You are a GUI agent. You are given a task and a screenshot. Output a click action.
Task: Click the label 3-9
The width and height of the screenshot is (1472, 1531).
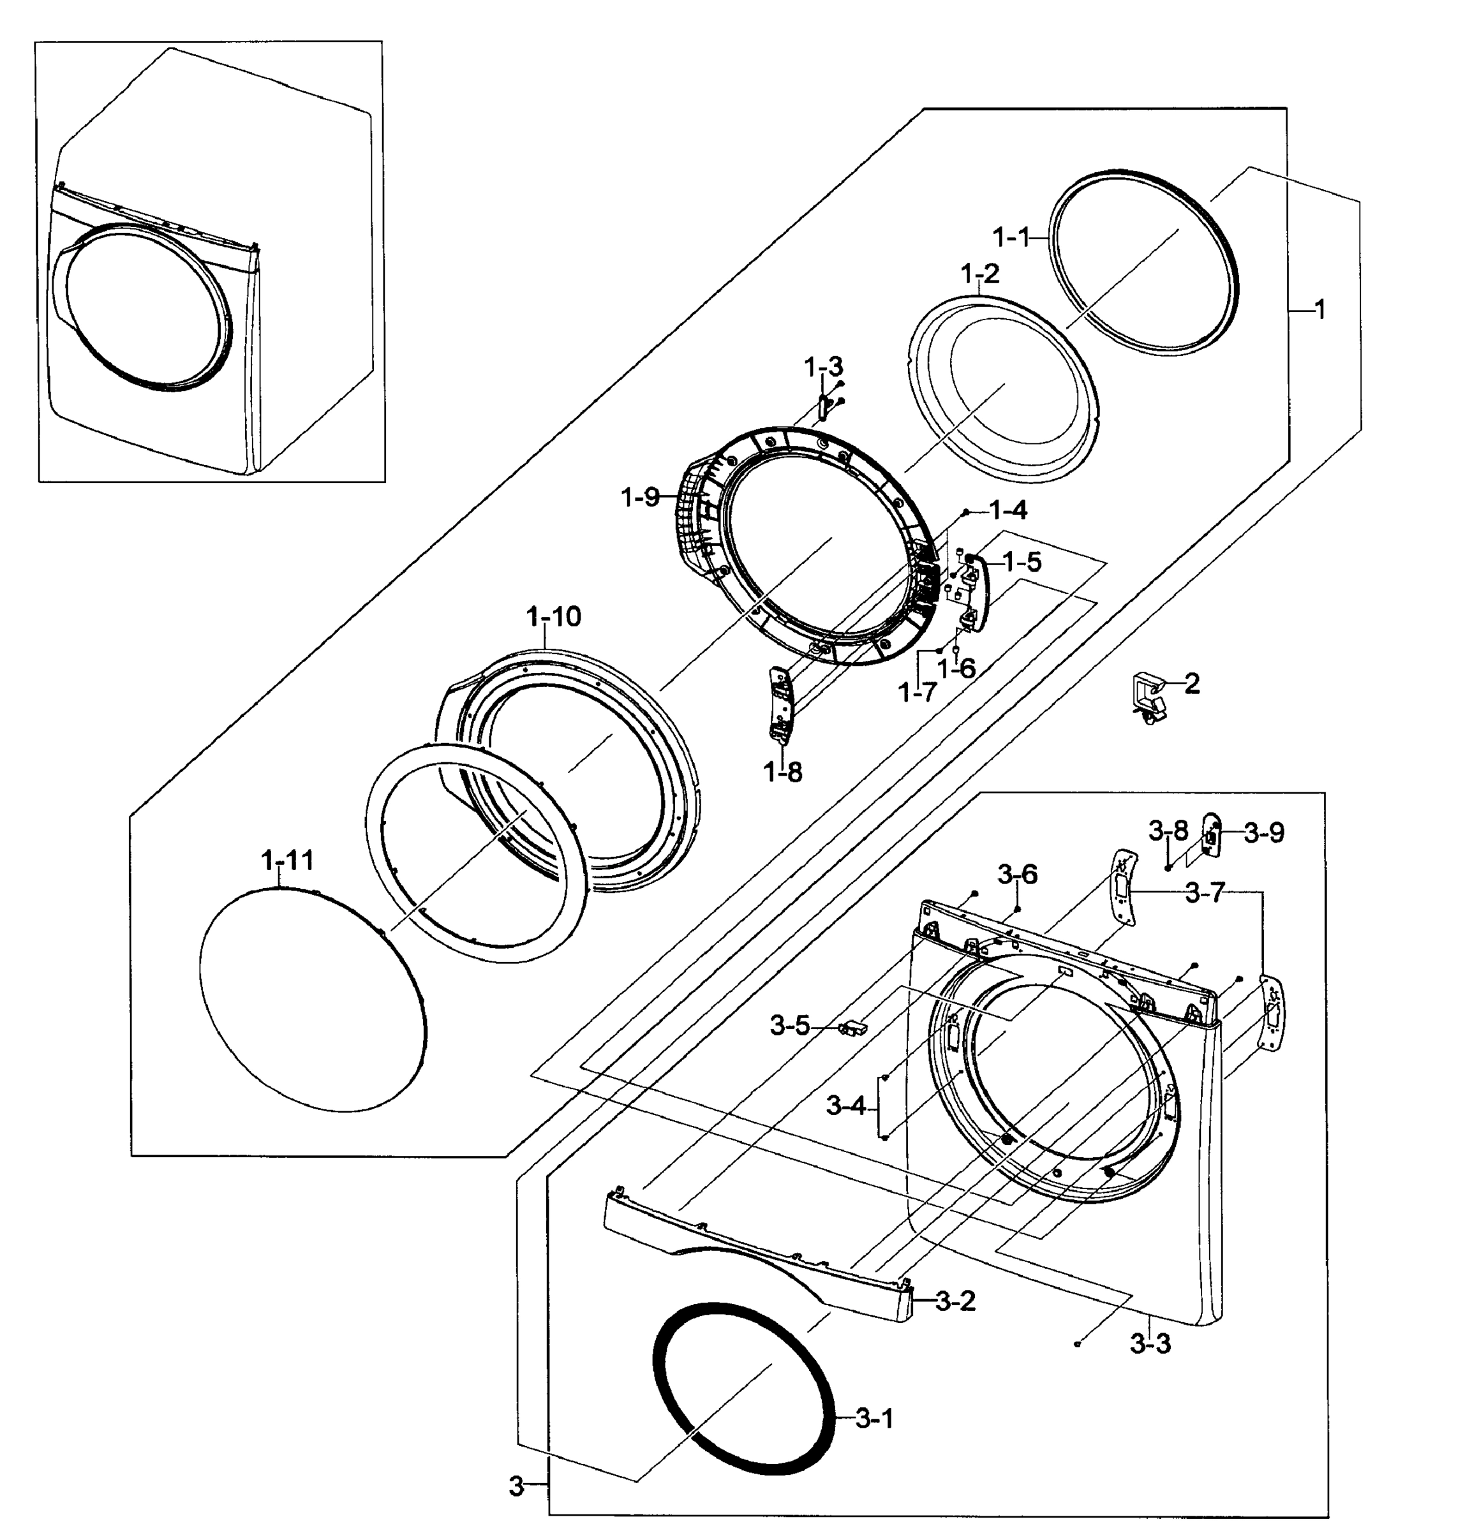tap(1263, 832)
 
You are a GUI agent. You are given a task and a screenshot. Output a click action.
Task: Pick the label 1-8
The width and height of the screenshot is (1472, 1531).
tap(782, 772)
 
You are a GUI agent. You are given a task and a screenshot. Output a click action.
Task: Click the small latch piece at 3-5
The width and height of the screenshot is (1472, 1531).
tap(852, 1026)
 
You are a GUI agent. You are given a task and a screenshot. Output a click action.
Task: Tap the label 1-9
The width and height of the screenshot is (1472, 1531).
tap(641, 497)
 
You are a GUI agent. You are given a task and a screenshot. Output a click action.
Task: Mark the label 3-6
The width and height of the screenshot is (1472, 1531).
tap(1016, 874)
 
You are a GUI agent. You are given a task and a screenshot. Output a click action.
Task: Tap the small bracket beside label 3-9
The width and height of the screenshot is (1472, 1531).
tap(1210, 834)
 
